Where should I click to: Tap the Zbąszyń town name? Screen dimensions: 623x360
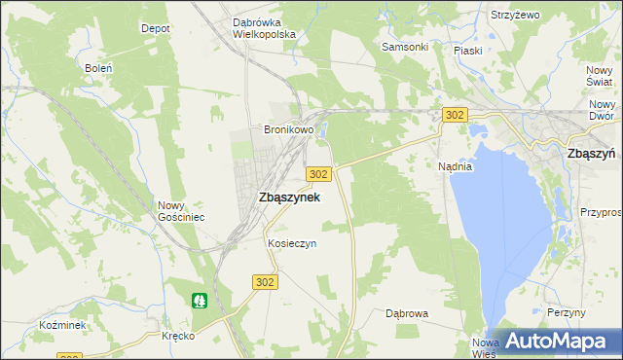coord(590,153)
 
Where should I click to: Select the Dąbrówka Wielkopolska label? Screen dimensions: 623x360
coord(264,27)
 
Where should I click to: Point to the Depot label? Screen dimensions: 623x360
coord(156,29)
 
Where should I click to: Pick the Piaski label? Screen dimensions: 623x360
coord(470,50)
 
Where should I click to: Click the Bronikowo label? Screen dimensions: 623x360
coord(289,129)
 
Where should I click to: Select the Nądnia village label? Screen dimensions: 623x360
coord(455,166)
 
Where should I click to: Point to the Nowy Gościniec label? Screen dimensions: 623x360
coord(181,211)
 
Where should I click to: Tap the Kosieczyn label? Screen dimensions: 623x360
coord(292,243)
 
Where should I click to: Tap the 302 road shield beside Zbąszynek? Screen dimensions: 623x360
coord(319,173)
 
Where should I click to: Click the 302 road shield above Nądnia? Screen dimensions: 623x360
coord(454,115)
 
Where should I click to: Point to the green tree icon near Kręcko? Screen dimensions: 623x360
coord(200,300)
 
